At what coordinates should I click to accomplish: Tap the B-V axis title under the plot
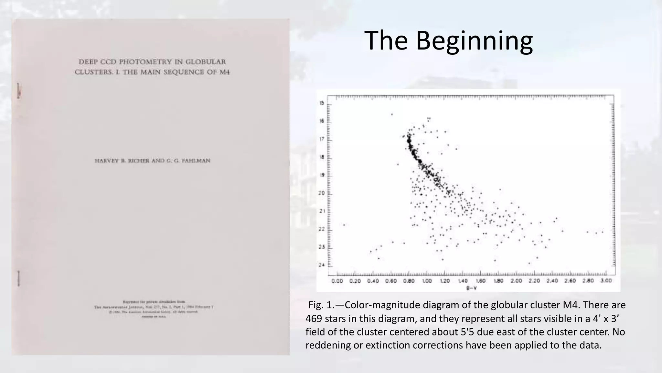(x=472, y=288)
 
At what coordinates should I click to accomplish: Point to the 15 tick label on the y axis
(x=322, y=103)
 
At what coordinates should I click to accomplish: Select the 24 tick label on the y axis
(x=322, y=265)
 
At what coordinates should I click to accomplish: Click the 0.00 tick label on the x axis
(x=337, y=281)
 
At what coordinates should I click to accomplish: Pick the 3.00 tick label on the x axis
(x=606, y=281)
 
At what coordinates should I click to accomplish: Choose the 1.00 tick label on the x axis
(x=427, y=281)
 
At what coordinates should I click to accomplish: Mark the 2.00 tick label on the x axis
(x=516, y=281)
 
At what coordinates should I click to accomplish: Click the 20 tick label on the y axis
(x=322, y=193)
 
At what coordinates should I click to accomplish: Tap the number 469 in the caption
(x=314, y=319)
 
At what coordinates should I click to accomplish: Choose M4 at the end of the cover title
(x=225, y=72)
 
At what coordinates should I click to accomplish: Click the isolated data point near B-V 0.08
(x=344, y=225)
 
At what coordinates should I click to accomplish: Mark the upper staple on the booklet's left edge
(x=18, y=91)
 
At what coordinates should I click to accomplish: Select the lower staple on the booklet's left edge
(x=18, y=278)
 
